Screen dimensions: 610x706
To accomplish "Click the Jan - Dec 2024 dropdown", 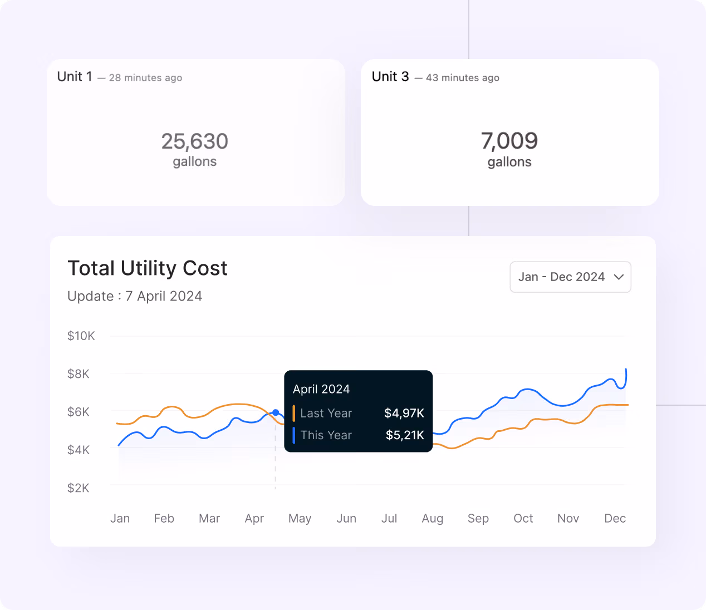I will tap(570, 277).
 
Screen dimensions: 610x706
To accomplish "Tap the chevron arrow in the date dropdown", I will tap(619, 277).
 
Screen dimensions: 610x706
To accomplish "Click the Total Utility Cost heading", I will tap(148, 268).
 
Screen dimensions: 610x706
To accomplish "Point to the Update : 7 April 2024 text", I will tap(135, 296).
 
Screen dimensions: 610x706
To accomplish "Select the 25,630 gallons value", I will tap(195, 141).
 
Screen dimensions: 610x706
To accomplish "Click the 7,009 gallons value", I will tap(509, 141).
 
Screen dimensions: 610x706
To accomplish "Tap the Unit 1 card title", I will tap(75, 77).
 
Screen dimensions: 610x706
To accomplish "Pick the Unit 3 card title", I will tap(390, 77).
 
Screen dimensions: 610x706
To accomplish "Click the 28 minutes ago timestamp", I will tap(145, 78).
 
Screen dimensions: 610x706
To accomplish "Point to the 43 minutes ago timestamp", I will tap(463, 78).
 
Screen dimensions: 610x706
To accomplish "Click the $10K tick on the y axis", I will tap(81, 336).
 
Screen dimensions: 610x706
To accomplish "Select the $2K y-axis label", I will tap(79, 488).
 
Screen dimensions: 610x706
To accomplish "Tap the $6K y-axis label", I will tap(79, 412).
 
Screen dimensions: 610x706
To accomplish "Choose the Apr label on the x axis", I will tap(254, 518).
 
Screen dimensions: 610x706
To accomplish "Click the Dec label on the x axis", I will tap(615, 518).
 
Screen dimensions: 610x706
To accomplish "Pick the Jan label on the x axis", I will tap(120, 518).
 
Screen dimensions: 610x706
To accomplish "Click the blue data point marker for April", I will tap(276, 412).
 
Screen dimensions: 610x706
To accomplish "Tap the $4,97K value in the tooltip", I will tap(404, 413).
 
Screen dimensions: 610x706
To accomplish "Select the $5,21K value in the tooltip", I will tap(405, 435).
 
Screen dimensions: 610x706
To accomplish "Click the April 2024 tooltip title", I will tap(321, 389).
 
